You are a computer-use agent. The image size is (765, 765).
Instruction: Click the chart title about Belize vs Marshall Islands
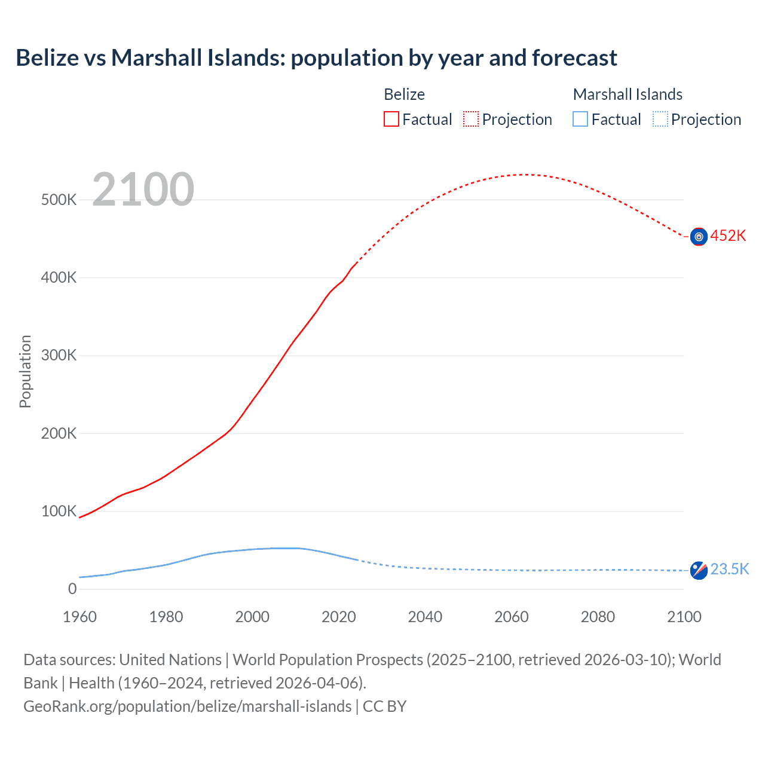(316, 58)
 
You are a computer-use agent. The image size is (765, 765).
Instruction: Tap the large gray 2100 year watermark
(143, 189)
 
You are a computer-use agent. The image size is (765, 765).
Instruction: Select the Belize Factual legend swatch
(391, 120)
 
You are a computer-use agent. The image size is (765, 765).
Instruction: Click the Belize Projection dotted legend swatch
(471, 120)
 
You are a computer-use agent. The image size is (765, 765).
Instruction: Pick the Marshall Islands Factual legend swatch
(580, 120)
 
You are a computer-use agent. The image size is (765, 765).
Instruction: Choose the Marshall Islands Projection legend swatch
(660, 120)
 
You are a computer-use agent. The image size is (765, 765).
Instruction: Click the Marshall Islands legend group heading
(628, 94)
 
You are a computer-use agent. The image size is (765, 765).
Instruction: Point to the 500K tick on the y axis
(59, 200)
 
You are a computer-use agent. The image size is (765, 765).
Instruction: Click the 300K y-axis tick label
(59, 356)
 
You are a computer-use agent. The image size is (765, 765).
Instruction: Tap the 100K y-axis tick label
(59, 512)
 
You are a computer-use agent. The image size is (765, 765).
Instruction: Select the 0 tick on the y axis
(72, 589)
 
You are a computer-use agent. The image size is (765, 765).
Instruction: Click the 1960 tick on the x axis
(79, 617)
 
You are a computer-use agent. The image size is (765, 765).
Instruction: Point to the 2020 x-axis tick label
(339, 617)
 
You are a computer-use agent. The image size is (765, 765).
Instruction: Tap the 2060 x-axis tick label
(512, 617)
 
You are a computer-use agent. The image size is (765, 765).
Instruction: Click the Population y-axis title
(25, 371)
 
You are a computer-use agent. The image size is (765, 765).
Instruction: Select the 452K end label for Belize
(728, 236)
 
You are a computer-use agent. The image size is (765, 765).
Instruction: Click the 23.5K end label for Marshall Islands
(729, 569)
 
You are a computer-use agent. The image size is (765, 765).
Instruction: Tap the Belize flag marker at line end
(699, 237)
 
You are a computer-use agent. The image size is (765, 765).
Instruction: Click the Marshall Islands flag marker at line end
(699, 570)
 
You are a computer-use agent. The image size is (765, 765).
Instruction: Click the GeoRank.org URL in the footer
(187, 706)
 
